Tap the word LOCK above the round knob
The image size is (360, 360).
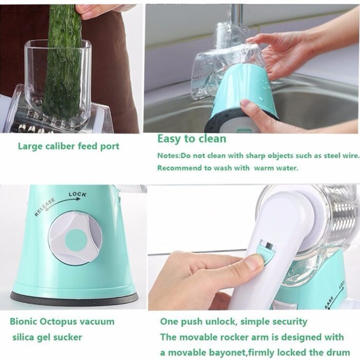coord(78,195)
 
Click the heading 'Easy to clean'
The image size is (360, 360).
coord(191,139)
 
